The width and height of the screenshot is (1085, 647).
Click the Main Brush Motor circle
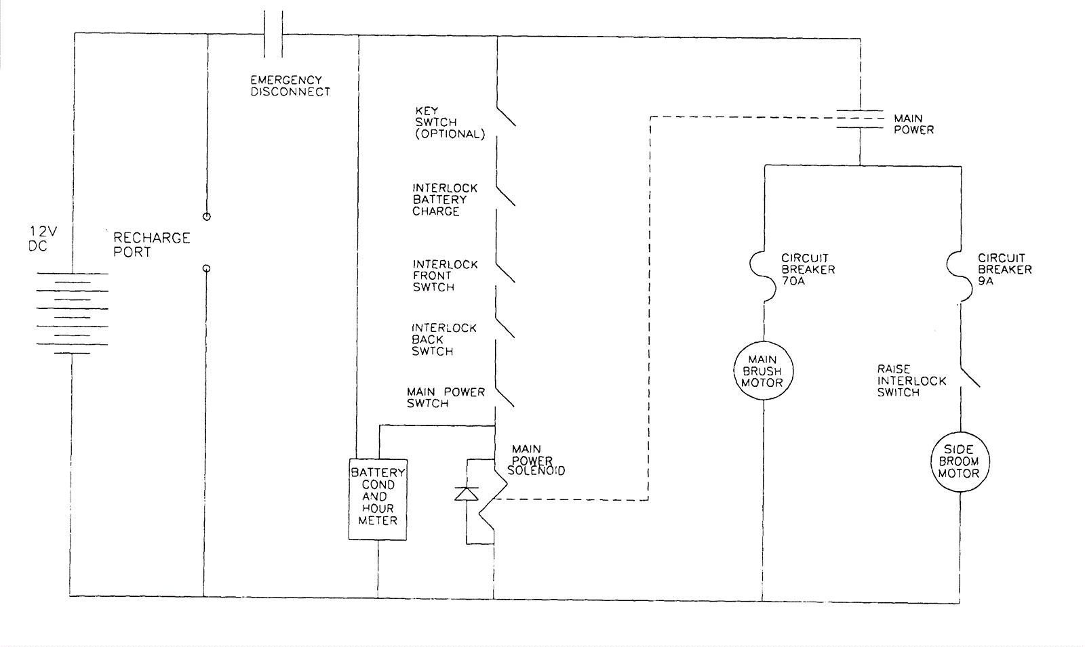point(763,371)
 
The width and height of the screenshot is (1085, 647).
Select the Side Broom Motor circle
point(959,461)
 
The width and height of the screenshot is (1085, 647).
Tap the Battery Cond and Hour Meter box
point(378,499)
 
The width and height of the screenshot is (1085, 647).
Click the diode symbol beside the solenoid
point(467,494)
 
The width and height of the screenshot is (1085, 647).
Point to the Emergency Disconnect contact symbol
point(273,33)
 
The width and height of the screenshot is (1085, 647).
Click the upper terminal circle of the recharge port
point(207,217)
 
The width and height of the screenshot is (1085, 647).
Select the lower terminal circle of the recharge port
point(207,269)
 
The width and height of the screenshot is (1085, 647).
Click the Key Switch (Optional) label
point(450,123)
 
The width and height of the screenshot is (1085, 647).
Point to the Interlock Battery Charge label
point(445,200)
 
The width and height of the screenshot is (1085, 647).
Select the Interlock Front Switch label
point(445,276)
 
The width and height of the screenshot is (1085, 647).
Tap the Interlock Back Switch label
point(443,339)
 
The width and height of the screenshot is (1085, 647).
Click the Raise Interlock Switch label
point(911,381)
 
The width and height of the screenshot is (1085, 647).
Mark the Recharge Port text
point(151,245)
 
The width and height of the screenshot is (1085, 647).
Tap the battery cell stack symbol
point(72,312)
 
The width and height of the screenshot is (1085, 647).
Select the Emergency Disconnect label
point(290,86)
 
